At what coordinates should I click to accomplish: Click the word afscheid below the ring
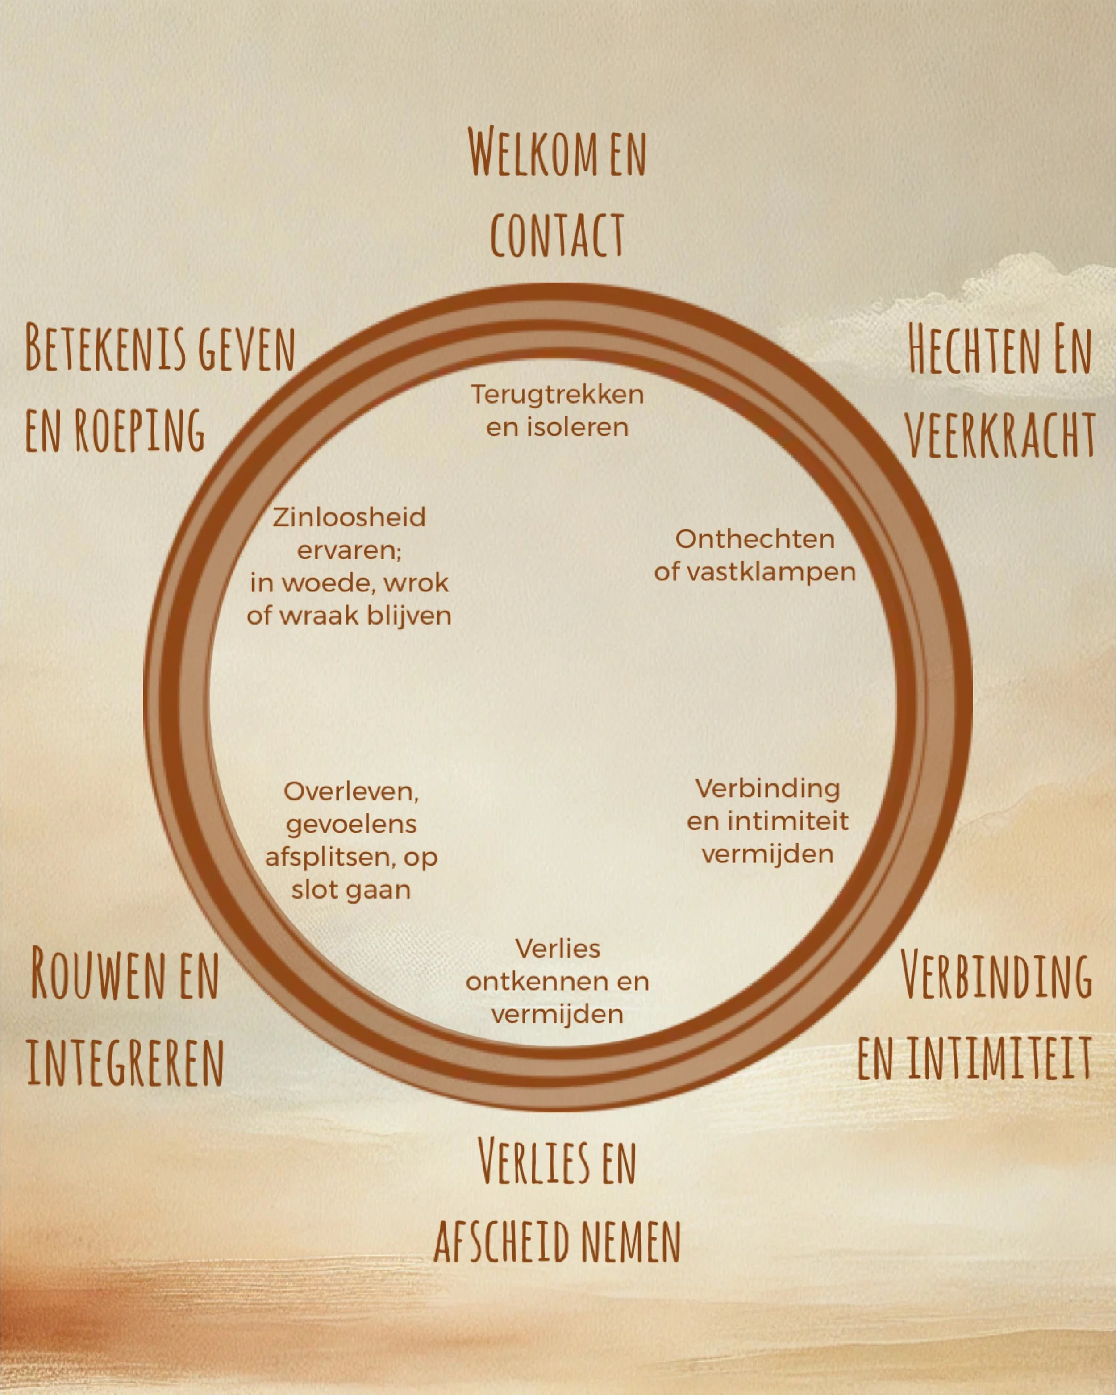(x=501, y=1241)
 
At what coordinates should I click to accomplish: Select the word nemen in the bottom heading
(x=630, y=1241)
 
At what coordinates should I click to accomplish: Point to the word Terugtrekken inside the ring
(x=557, y=395)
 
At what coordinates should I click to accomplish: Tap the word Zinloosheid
(x=350, y=518)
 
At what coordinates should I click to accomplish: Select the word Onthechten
(x=755, y=539)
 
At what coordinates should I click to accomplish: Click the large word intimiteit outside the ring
(x=999, y=1058)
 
